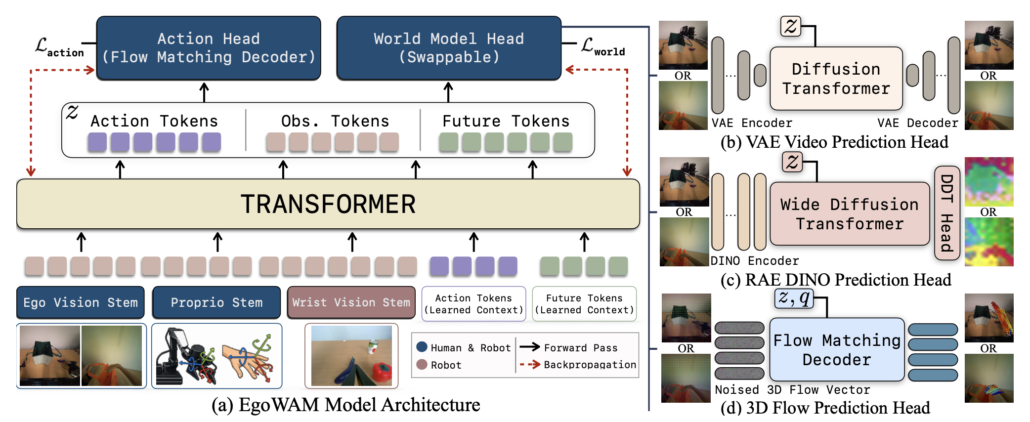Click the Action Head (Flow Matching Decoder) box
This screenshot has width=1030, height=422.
coord(209,48)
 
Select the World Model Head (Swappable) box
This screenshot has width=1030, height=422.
coord(449,48)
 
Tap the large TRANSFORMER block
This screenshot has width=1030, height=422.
coord(328,204)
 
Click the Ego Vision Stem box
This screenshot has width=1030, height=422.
coord(81,302)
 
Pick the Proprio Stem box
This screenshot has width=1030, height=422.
coord(216,302)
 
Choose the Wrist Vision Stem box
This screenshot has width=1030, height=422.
coord(351,302)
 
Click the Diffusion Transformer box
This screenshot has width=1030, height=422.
coord(836,79)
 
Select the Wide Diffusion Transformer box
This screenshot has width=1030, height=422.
coord(850,214)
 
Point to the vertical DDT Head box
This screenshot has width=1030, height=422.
coord(947,213)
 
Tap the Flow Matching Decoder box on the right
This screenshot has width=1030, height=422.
coord(837,349)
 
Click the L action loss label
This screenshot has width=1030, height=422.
coord(59,47)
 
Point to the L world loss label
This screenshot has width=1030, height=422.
coord(603,46)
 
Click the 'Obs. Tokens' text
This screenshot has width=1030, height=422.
coord(335,121)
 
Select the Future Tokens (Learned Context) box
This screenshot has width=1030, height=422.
coord(584,304)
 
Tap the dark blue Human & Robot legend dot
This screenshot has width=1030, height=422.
coord(422,347)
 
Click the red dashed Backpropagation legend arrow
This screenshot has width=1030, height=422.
coord(529,365)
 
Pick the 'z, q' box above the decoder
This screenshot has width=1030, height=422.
coord(794,298)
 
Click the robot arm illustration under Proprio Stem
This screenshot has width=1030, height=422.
coord(187,356)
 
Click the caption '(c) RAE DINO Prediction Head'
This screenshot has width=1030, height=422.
coord(836,280)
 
